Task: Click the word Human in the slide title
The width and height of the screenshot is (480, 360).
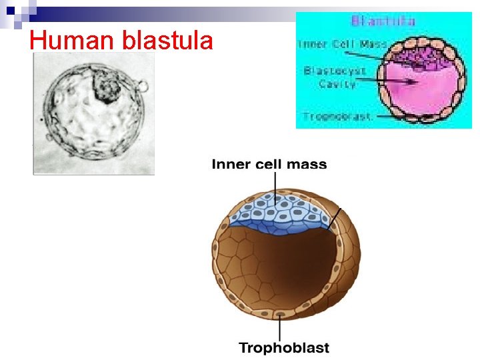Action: tap(62, 41)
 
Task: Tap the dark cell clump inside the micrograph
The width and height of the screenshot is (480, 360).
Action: tap(105, 87)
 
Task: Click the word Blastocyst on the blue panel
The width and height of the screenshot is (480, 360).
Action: tap(334, 71)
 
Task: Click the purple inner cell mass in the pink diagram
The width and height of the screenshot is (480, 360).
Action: tap(416, 56)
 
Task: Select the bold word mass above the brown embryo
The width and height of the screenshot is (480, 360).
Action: tap(307, 164)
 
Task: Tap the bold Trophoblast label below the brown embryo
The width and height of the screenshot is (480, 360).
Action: tap(284, 347)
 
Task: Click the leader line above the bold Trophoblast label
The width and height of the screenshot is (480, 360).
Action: tap(280, 327)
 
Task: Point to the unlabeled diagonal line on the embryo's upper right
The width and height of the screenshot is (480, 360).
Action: tap(336, 218)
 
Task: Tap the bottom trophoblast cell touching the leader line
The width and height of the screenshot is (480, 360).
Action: tap(280, 313)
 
